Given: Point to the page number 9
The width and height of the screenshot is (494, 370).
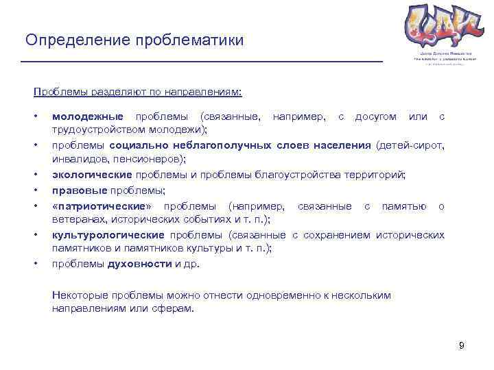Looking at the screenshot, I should [462, 345].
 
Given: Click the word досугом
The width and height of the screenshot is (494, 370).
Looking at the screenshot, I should [375, 116].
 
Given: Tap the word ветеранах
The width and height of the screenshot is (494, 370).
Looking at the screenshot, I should [76, 219].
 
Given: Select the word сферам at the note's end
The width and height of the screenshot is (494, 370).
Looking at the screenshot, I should [175, 308].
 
